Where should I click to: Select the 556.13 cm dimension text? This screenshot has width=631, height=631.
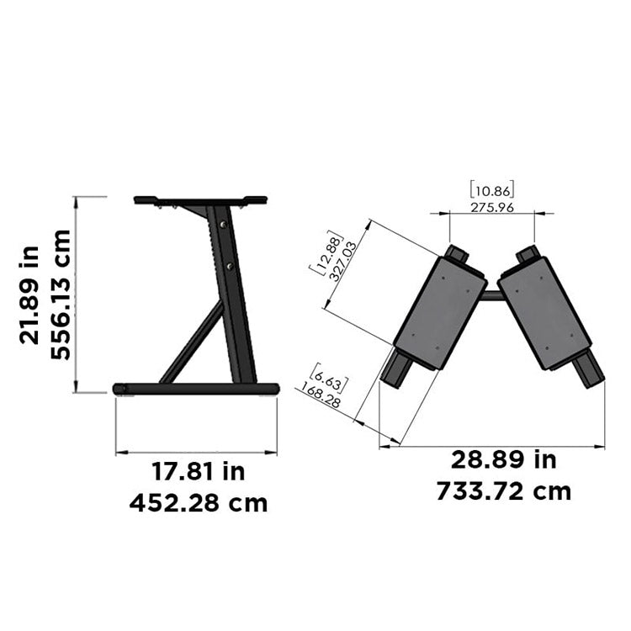pyautogui.click(x=61, y=294)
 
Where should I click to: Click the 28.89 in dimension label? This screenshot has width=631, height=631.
pyautogui.click(x=503, y=459)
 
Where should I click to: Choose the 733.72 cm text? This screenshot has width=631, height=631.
pyautogui.click(x=503, y=490)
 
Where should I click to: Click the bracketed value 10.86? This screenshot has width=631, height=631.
pyautogui.click(x=492, y=190)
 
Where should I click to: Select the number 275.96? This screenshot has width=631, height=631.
pyautogui.click(x=492, y=207)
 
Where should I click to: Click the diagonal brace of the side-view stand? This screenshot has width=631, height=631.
pyautogui.click(x=192, y=343)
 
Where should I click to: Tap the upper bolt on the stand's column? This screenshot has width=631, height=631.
pyautogui.click(x=221, y=225)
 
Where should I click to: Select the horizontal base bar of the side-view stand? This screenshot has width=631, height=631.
pyautogui.click(x=196, y=389)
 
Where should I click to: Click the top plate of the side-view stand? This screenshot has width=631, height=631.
pyautogui.click(x=200, y=200)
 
